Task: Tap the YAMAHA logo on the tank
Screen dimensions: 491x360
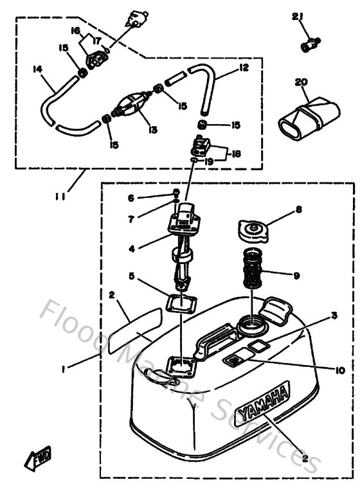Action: [263, 404]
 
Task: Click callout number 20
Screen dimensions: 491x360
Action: [298, 82]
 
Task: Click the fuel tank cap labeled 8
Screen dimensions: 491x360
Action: [251, 229]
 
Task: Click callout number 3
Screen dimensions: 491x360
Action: [334, 315]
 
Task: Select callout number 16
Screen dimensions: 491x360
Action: [75, 30]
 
